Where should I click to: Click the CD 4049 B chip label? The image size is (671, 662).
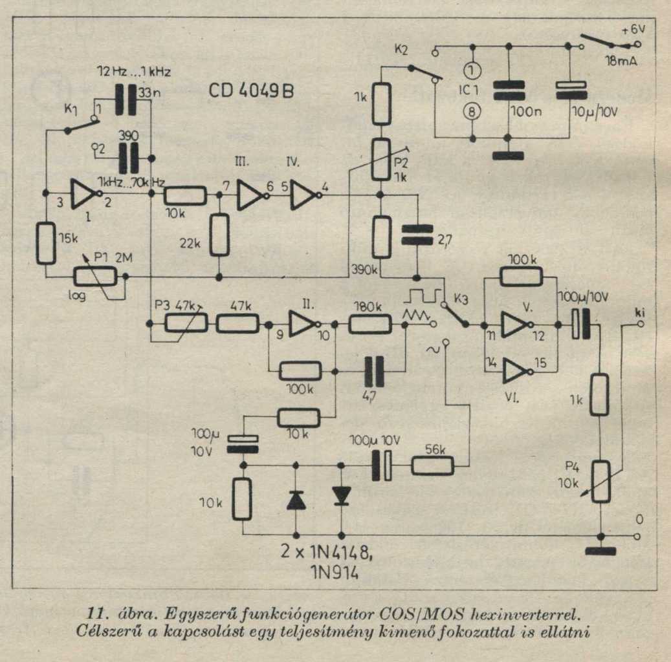(x=251, y=91)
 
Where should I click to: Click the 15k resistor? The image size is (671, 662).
(x=46, y=242)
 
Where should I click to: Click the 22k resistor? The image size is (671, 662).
(x=220, y=235)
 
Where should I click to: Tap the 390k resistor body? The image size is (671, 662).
(x=382, y=237)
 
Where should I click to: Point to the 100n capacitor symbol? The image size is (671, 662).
(x=508, y=90)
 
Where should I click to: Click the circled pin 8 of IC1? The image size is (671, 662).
(x=473, y=111)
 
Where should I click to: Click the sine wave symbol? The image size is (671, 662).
(x=429, y=349)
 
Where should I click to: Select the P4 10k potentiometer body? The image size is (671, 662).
(x=600, y=481)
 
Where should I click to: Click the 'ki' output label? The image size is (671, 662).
(x=641, y=314)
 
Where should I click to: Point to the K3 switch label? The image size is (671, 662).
(x=461, y=299)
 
